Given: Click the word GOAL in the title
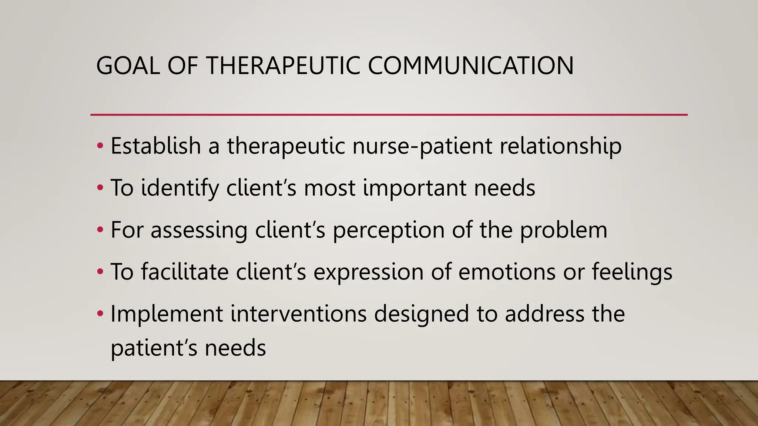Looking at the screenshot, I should tap(128, 66).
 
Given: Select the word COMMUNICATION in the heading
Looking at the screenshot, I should tap(470, 66).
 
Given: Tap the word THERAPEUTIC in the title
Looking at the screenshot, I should tap(283, 66).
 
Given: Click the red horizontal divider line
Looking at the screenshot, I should tap(389, 115).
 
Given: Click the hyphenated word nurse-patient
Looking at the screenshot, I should tap(422, 146).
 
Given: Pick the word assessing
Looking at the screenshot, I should tap(199, 230).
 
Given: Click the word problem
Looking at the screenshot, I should tap(563, 230).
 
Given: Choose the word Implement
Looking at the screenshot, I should tap(167, 314).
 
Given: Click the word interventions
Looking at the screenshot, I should tap(298, 314).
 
